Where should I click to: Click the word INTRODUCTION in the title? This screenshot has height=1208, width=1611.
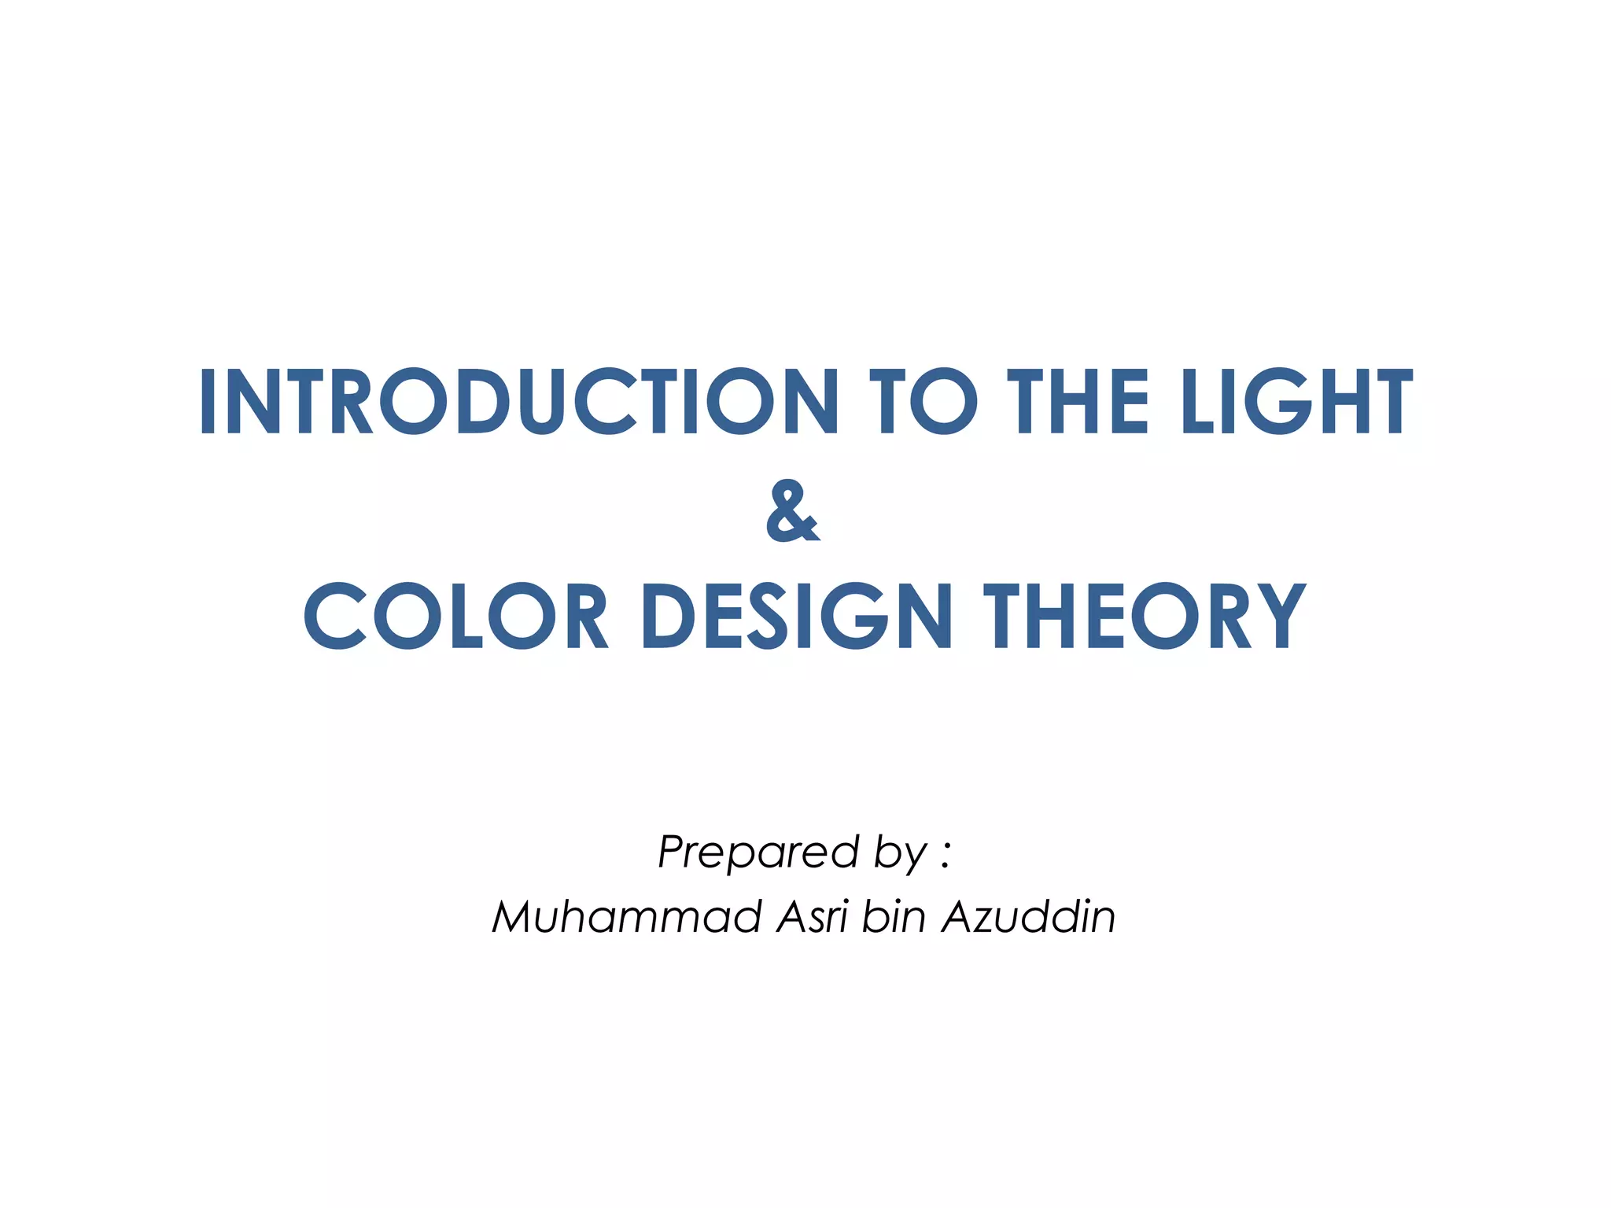pos(519,402)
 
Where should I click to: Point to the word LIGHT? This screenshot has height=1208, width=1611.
pos(1297,402)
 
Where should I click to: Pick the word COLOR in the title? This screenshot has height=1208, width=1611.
pos(456,616)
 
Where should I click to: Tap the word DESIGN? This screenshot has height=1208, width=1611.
pos(798,616)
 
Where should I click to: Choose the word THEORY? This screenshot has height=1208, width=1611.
pos(1145,616)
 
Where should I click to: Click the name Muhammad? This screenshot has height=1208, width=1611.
pos(626,917)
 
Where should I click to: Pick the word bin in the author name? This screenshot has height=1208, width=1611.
pos(894,917)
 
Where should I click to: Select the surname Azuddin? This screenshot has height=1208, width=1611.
pos(1029,917)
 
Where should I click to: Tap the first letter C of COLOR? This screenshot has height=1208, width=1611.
pos(335,616)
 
